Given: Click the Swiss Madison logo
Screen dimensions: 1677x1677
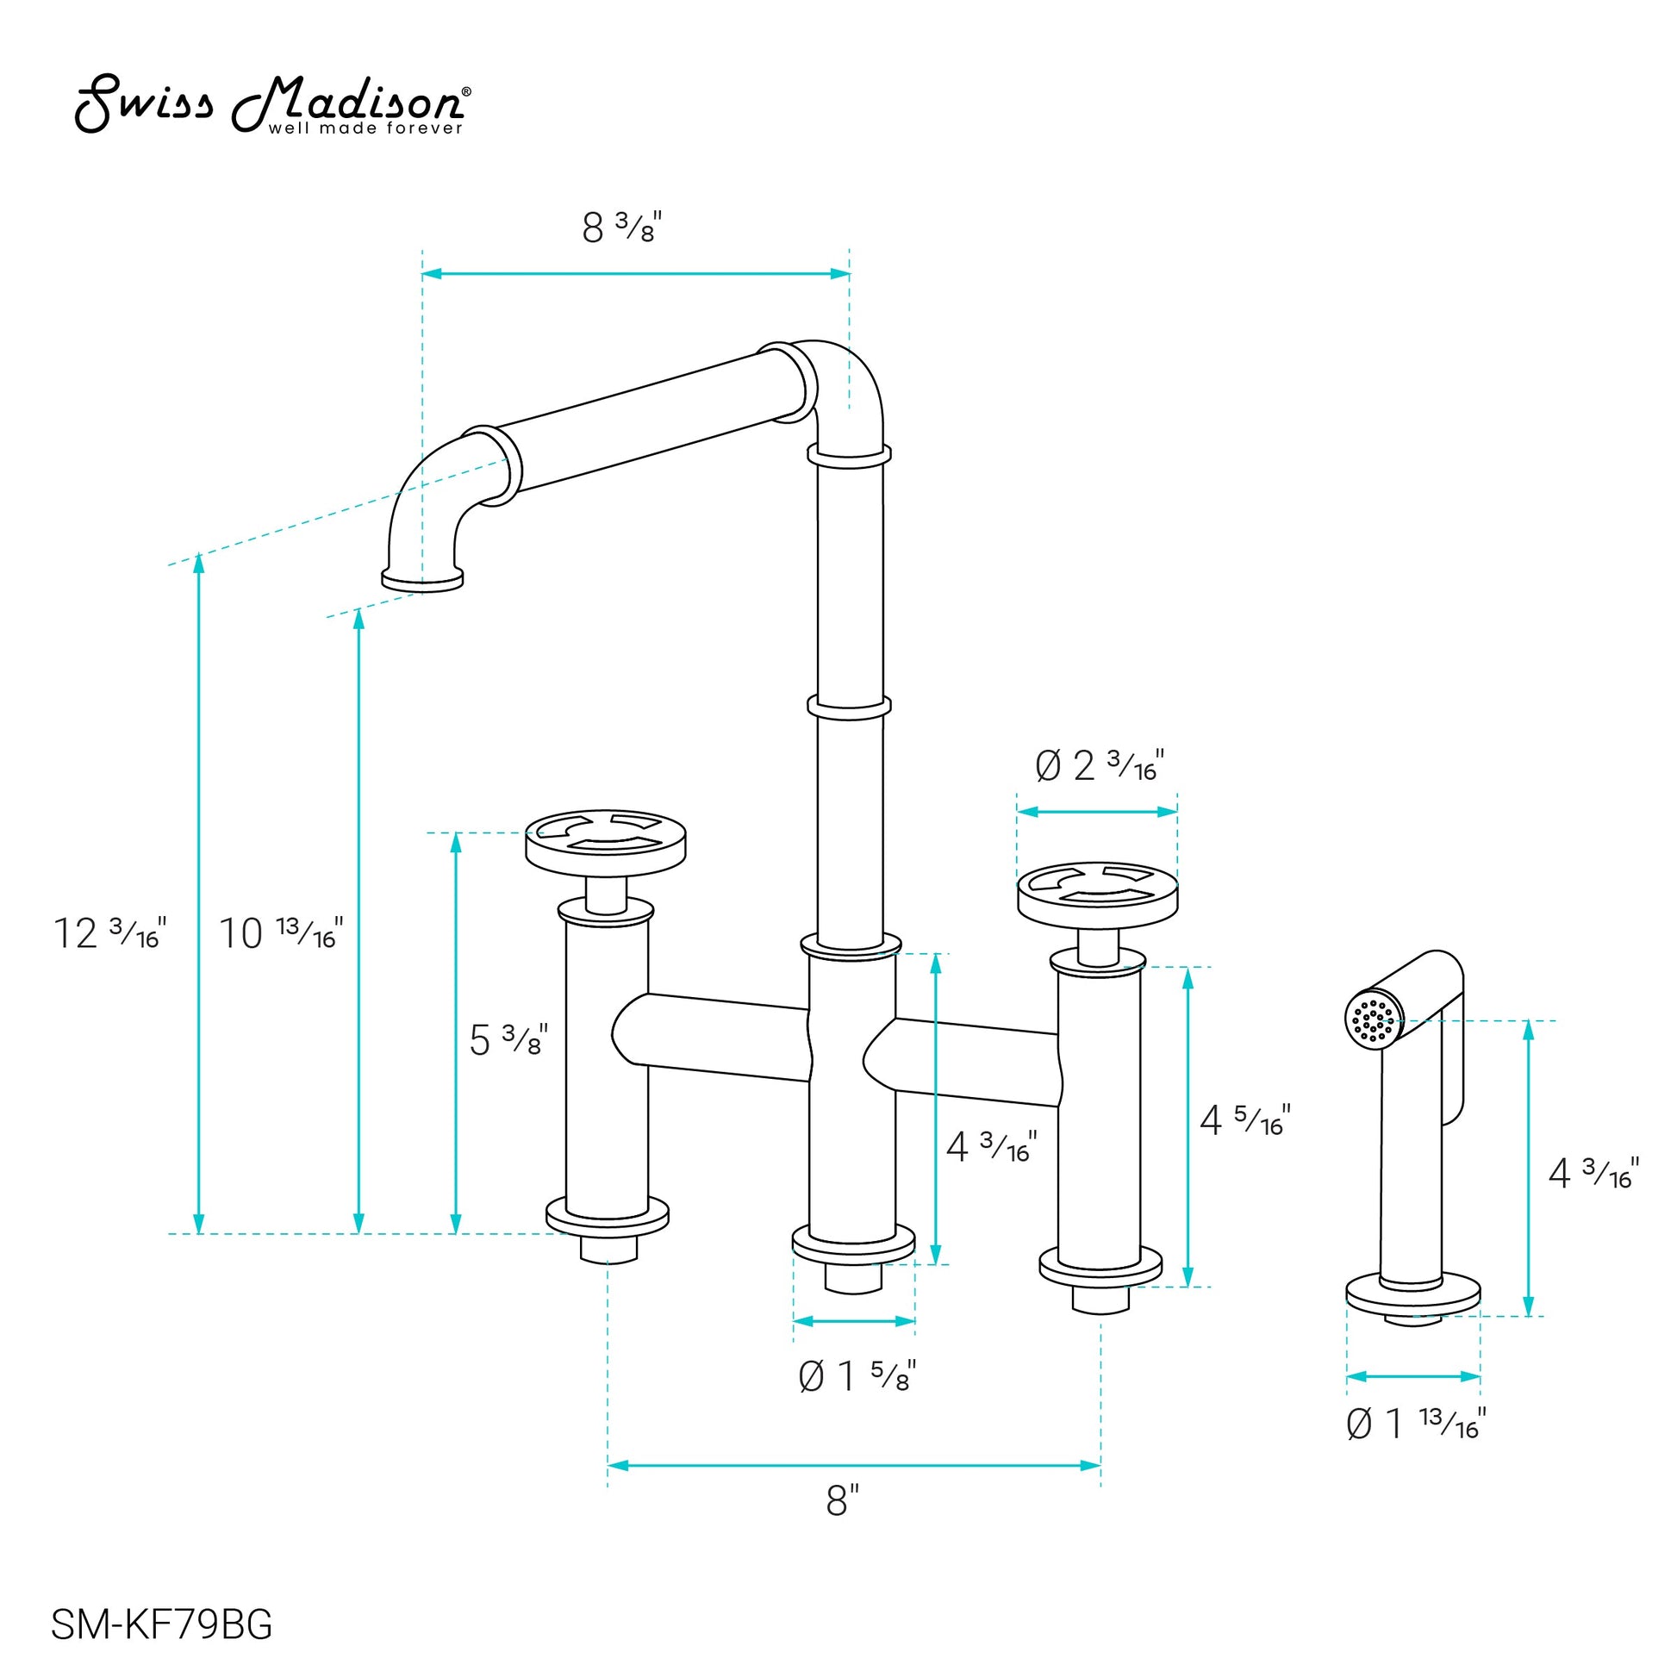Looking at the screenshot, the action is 273,105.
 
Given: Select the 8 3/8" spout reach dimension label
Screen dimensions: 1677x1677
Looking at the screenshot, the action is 621,228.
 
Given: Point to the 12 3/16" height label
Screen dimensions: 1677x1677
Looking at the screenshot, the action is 109,932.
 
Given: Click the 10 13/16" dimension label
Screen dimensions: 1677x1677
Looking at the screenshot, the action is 280,932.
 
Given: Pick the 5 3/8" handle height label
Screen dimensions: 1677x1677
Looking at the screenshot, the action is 508,1038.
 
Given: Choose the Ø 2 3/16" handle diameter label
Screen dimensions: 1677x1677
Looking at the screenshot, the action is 1099,765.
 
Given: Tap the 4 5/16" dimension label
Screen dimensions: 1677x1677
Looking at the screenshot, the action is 1244,1119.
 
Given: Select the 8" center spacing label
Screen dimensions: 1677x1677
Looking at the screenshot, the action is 842,1501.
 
